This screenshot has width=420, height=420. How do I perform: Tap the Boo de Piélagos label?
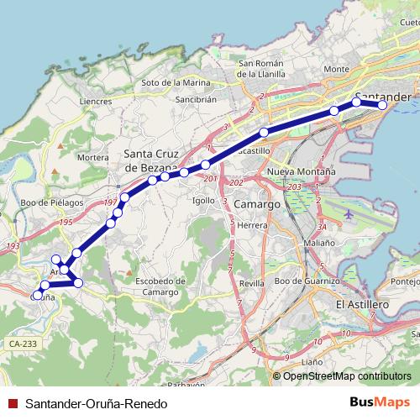[53, 202]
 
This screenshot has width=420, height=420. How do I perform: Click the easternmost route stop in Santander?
[383, 105]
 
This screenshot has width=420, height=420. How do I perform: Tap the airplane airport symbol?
[348, 215]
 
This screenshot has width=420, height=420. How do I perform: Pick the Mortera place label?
[93, 157]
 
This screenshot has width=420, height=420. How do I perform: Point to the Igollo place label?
[203, 201]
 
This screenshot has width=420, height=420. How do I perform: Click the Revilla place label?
[250, 284]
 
